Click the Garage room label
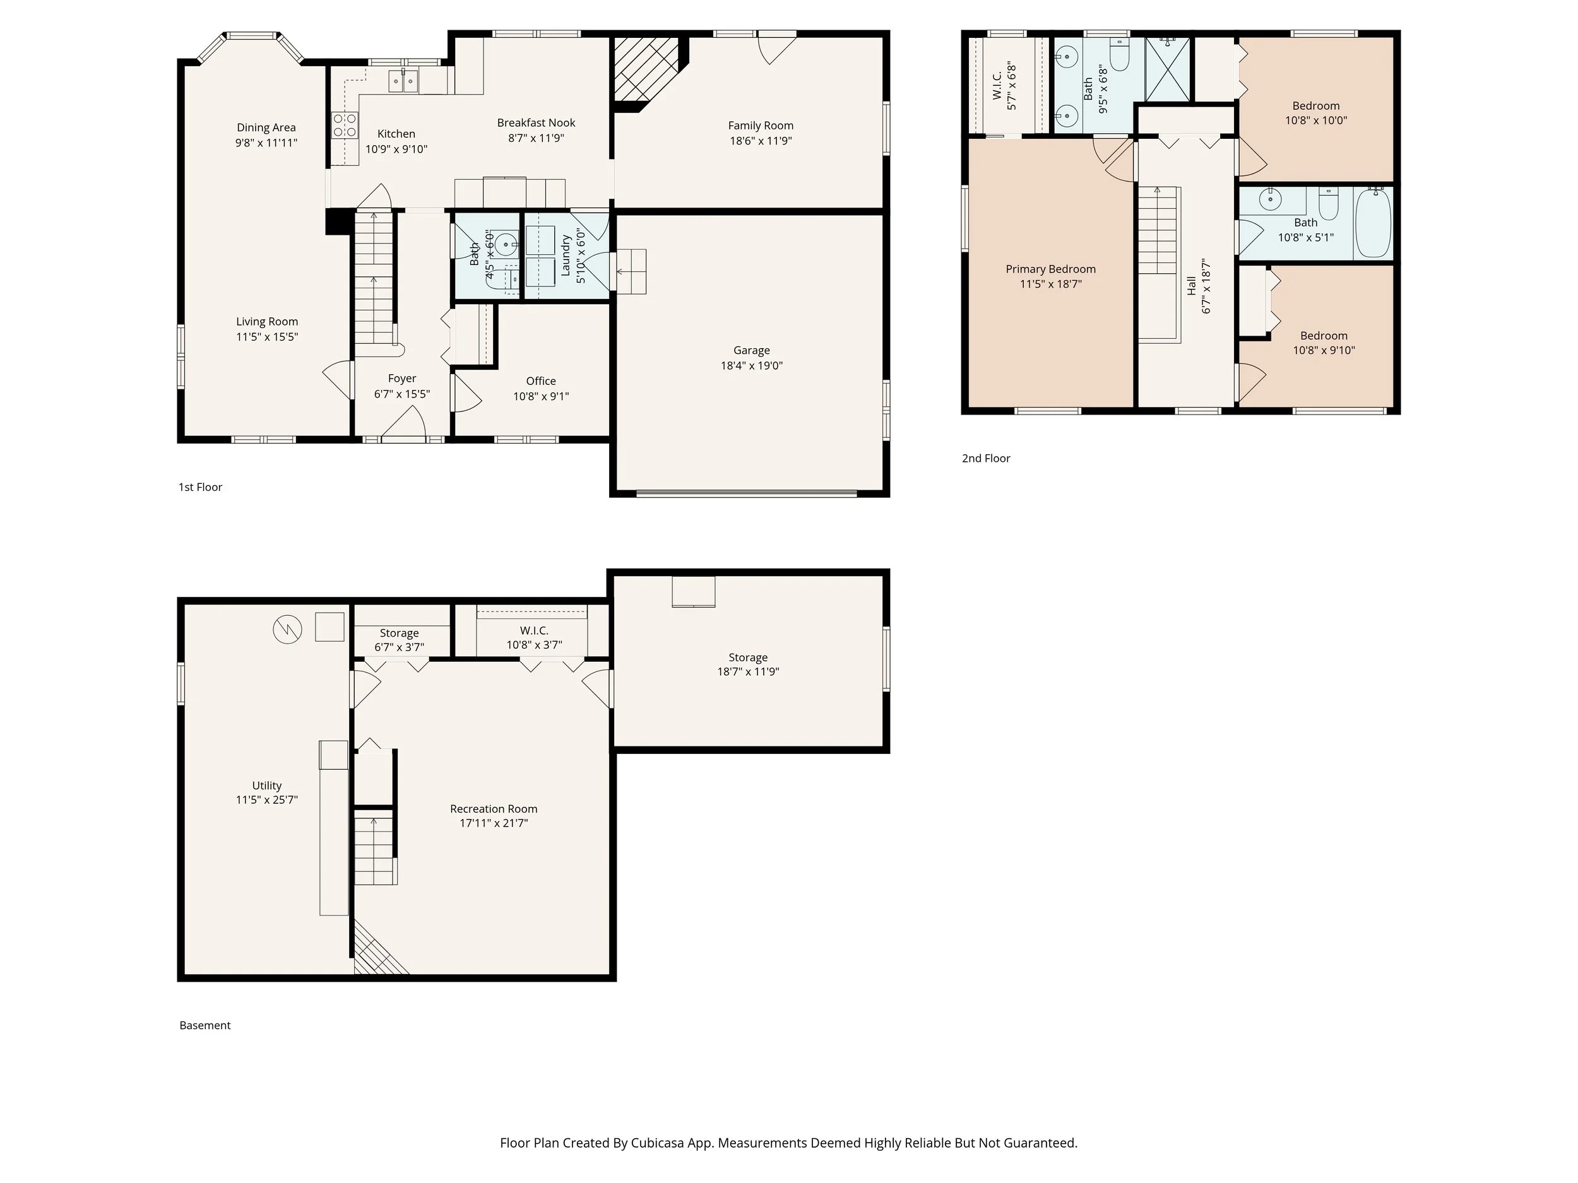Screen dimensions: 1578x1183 click(751, 350)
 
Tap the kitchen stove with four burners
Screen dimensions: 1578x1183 click(345, 126)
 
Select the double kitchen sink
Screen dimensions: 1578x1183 click(404, 81)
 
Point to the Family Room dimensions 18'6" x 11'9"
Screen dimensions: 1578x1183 click(761, 141)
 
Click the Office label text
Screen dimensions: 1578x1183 click(541, 381)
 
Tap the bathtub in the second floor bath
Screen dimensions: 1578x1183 click(1373, 223)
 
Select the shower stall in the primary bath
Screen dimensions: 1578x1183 click(1168, 70)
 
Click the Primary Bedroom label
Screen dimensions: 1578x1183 click(1050, 269)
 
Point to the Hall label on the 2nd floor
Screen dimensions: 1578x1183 click(1191, 286)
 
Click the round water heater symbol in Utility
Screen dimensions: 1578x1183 click(287, 629)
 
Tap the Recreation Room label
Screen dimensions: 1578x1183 click(494, 809)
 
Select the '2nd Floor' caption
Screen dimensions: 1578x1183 click(986, 459)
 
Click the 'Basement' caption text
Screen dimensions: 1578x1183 click(205, 1025)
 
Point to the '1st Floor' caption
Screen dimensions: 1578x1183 click(201, 487)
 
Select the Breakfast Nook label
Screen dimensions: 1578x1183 click(536, 122)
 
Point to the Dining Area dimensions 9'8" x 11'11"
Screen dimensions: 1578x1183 click(266, 143)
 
